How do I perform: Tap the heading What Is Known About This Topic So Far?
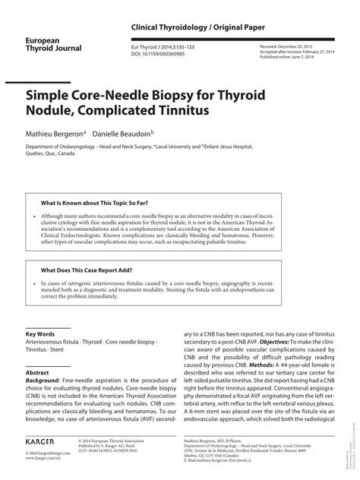pyautogui.click(x=94, y=204)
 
